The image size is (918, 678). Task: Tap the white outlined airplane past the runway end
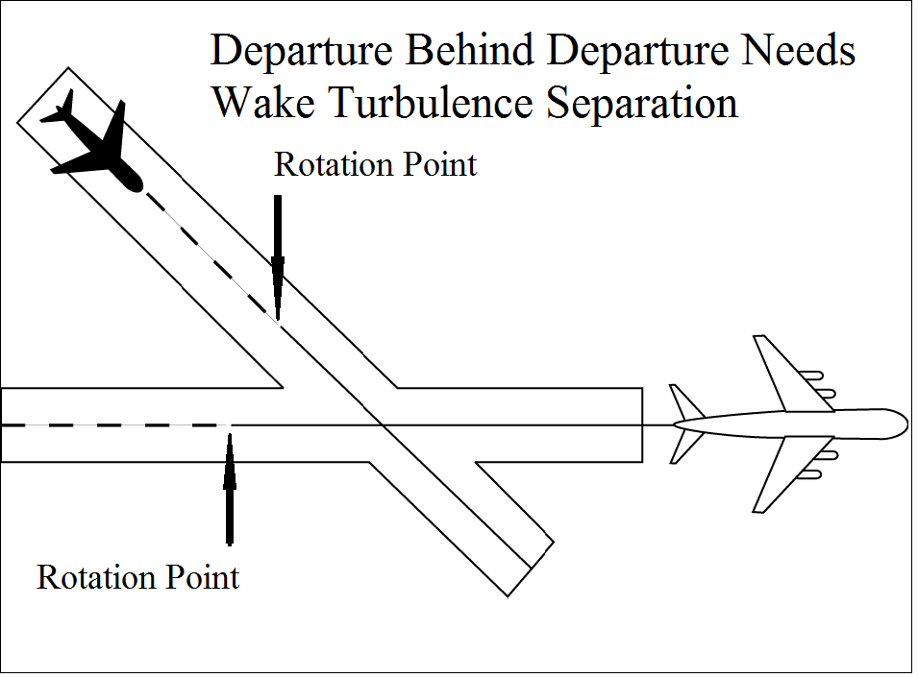[x=788, y=423]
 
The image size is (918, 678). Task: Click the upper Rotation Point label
[x=375, y=164]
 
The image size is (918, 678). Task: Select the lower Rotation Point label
[x=137, y=578]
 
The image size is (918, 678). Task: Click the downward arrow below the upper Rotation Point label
[x=278, y=254]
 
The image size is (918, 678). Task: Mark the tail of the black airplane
[x=63, y=107]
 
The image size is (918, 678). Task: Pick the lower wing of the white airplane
[x=783, y=474]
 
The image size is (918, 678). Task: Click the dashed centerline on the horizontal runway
[x=115, y=424]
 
